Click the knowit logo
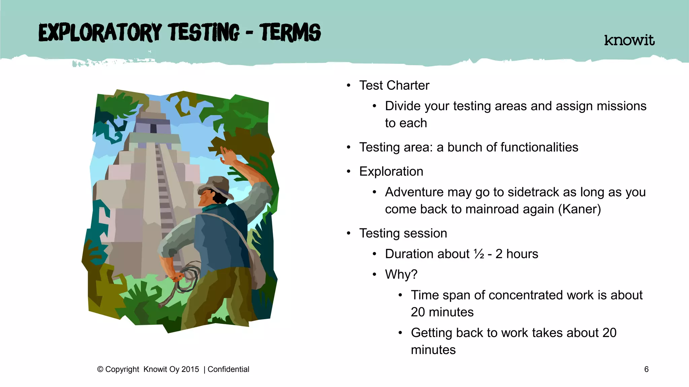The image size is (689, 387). coord(629,40)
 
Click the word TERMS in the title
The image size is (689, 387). coord(290,33)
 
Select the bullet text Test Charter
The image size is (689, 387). coord(394,85)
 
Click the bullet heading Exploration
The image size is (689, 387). coord(391,171)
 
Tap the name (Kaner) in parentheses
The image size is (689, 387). coord(579,209)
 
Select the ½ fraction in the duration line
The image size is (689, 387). coord(479,254)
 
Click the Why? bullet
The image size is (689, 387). coord(401,274)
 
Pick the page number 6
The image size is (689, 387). coord(646,369)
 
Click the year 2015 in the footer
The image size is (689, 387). coord(190,369)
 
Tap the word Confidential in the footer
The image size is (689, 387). coord(228,369)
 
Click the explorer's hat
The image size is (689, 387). coord(215,186)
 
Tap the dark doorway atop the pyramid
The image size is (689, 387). coord(153,128)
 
